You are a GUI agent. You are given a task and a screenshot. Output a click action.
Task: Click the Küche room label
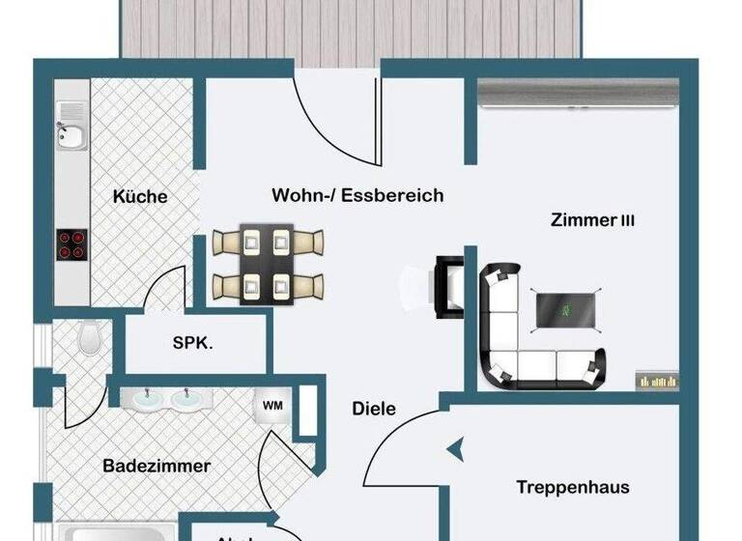point(140,196)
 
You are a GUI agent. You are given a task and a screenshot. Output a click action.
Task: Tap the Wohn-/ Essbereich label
point(357,195)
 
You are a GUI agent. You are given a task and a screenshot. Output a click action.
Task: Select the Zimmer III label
point(592,220)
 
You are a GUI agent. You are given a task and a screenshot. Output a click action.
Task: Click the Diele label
point(374,409)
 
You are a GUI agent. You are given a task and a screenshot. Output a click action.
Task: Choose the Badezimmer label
point(157,466)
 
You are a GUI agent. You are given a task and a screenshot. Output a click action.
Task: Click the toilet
point(89,339)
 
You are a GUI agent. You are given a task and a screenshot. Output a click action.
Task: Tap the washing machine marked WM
point(272,407)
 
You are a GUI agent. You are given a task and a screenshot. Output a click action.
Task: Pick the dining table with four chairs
point(267,263)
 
